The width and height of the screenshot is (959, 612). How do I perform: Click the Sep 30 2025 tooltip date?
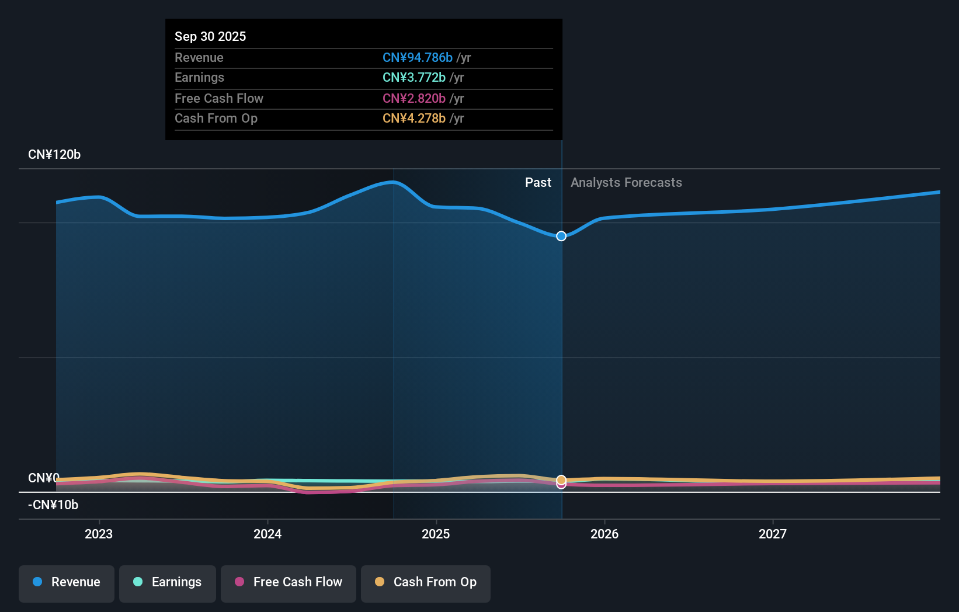(x=210, y=36)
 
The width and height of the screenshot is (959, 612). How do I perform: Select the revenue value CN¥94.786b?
(x=417, y=57)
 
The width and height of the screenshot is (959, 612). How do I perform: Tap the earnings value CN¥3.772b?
(x=414, y=77)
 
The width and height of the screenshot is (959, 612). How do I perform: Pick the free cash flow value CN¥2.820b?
(x=414, y=98)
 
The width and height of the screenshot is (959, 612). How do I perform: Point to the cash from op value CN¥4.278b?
(x=414, y=118)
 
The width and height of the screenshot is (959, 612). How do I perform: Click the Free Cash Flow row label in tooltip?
(x=219, y=98)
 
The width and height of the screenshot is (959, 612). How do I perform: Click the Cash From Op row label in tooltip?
(x=216, y=118)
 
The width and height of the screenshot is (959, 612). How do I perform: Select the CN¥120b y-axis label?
(x=54, y=154)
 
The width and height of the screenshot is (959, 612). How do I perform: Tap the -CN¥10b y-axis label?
(x=53, y=505)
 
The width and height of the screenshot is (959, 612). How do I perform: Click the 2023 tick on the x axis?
(x=99, y=534)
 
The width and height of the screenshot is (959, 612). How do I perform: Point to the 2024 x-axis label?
(x=267, y=534)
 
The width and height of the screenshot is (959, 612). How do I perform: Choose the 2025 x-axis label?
(x=436, y=534)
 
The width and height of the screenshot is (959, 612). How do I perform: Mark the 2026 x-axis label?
(x=604, y=534)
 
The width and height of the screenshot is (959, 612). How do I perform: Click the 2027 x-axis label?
(x=772, y=534)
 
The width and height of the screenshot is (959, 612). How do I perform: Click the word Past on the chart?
(x=538, y=182)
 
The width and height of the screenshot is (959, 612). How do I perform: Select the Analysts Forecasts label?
(x=626, y=182)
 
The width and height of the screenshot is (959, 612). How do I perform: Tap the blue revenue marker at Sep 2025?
(x=561, y=236)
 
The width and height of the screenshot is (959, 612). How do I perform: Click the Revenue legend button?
(x=67, y=583)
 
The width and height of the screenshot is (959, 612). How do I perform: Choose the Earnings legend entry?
(x=168, y=583)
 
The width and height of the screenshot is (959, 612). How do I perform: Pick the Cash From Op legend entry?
(x=426, y=583)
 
